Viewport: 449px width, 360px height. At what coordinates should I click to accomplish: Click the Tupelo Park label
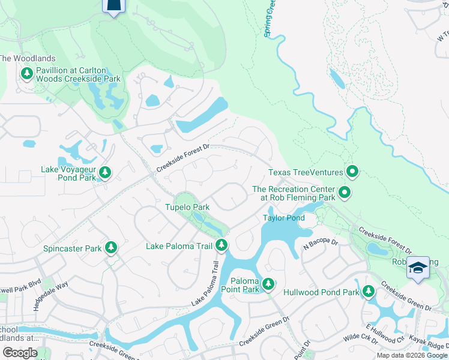coord(187,207)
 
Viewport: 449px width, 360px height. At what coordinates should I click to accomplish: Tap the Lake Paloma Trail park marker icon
coord(222,245)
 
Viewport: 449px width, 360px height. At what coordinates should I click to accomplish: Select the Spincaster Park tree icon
coord(111,247)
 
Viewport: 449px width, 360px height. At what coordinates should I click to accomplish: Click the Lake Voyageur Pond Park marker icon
coord(105,173)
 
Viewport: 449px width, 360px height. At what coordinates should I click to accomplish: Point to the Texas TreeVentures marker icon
coord(352,173)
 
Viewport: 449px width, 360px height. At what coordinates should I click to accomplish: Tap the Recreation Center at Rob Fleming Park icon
coord(345,193)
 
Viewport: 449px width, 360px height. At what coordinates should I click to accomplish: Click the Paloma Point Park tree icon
coord(268,283)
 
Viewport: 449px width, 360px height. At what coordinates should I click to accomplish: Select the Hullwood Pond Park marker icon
coord(368,292)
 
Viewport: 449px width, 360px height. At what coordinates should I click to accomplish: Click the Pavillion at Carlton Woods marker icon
coord(26,74)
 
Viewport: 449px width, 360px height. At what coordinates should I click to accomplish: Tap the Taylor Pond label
coord(284,218)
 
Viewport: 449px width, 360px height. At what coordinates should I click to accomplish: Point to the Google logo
coord(20,353)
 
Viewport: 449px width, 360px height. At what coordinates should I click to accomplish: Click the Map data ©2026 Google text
coord(412,355)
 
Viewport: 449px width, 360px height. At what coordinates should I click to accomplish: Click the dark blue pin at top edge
coord(115,5)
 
